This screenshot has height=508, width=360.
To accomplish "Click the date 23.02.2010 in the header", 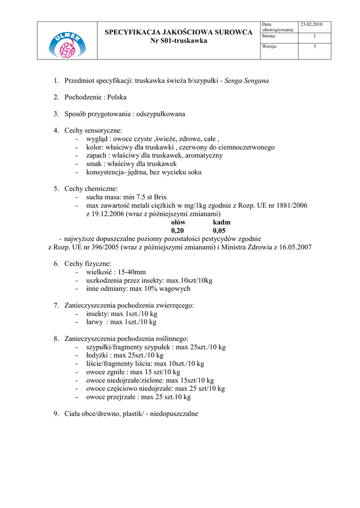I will click(312, 24).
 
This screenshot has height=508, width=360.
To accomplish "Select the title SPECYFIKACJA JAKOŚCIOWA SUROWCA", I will click(179, 32).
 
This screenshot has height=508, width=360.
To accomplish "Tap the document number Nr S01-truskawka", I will click(179, 41).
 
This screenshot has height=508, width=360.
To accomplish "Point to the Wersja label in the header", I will click(270, 46).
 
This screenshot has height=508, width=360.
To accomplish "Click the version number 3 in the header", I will click(314, 46).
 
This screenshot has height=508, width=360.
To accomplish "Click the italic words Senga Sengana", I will click(247, 80).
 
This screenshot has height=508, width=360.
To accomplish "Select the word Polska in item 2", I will click(117, 97).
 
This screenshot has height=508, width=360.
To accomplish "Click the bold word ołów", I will click(178, 223).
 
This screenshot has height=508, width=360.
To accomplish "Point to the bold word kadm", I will click(221, 223).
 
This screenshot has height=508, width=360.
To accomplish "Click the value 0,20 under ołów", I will click(177, 231).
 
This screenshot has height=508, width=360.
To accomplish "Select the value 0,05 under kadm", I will click(219, 231).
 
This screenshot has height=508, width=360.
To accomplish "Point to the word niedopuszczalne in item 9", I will click(174, 414).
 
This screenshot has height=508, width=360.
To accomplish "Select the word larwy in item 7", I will click(95, 322).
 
